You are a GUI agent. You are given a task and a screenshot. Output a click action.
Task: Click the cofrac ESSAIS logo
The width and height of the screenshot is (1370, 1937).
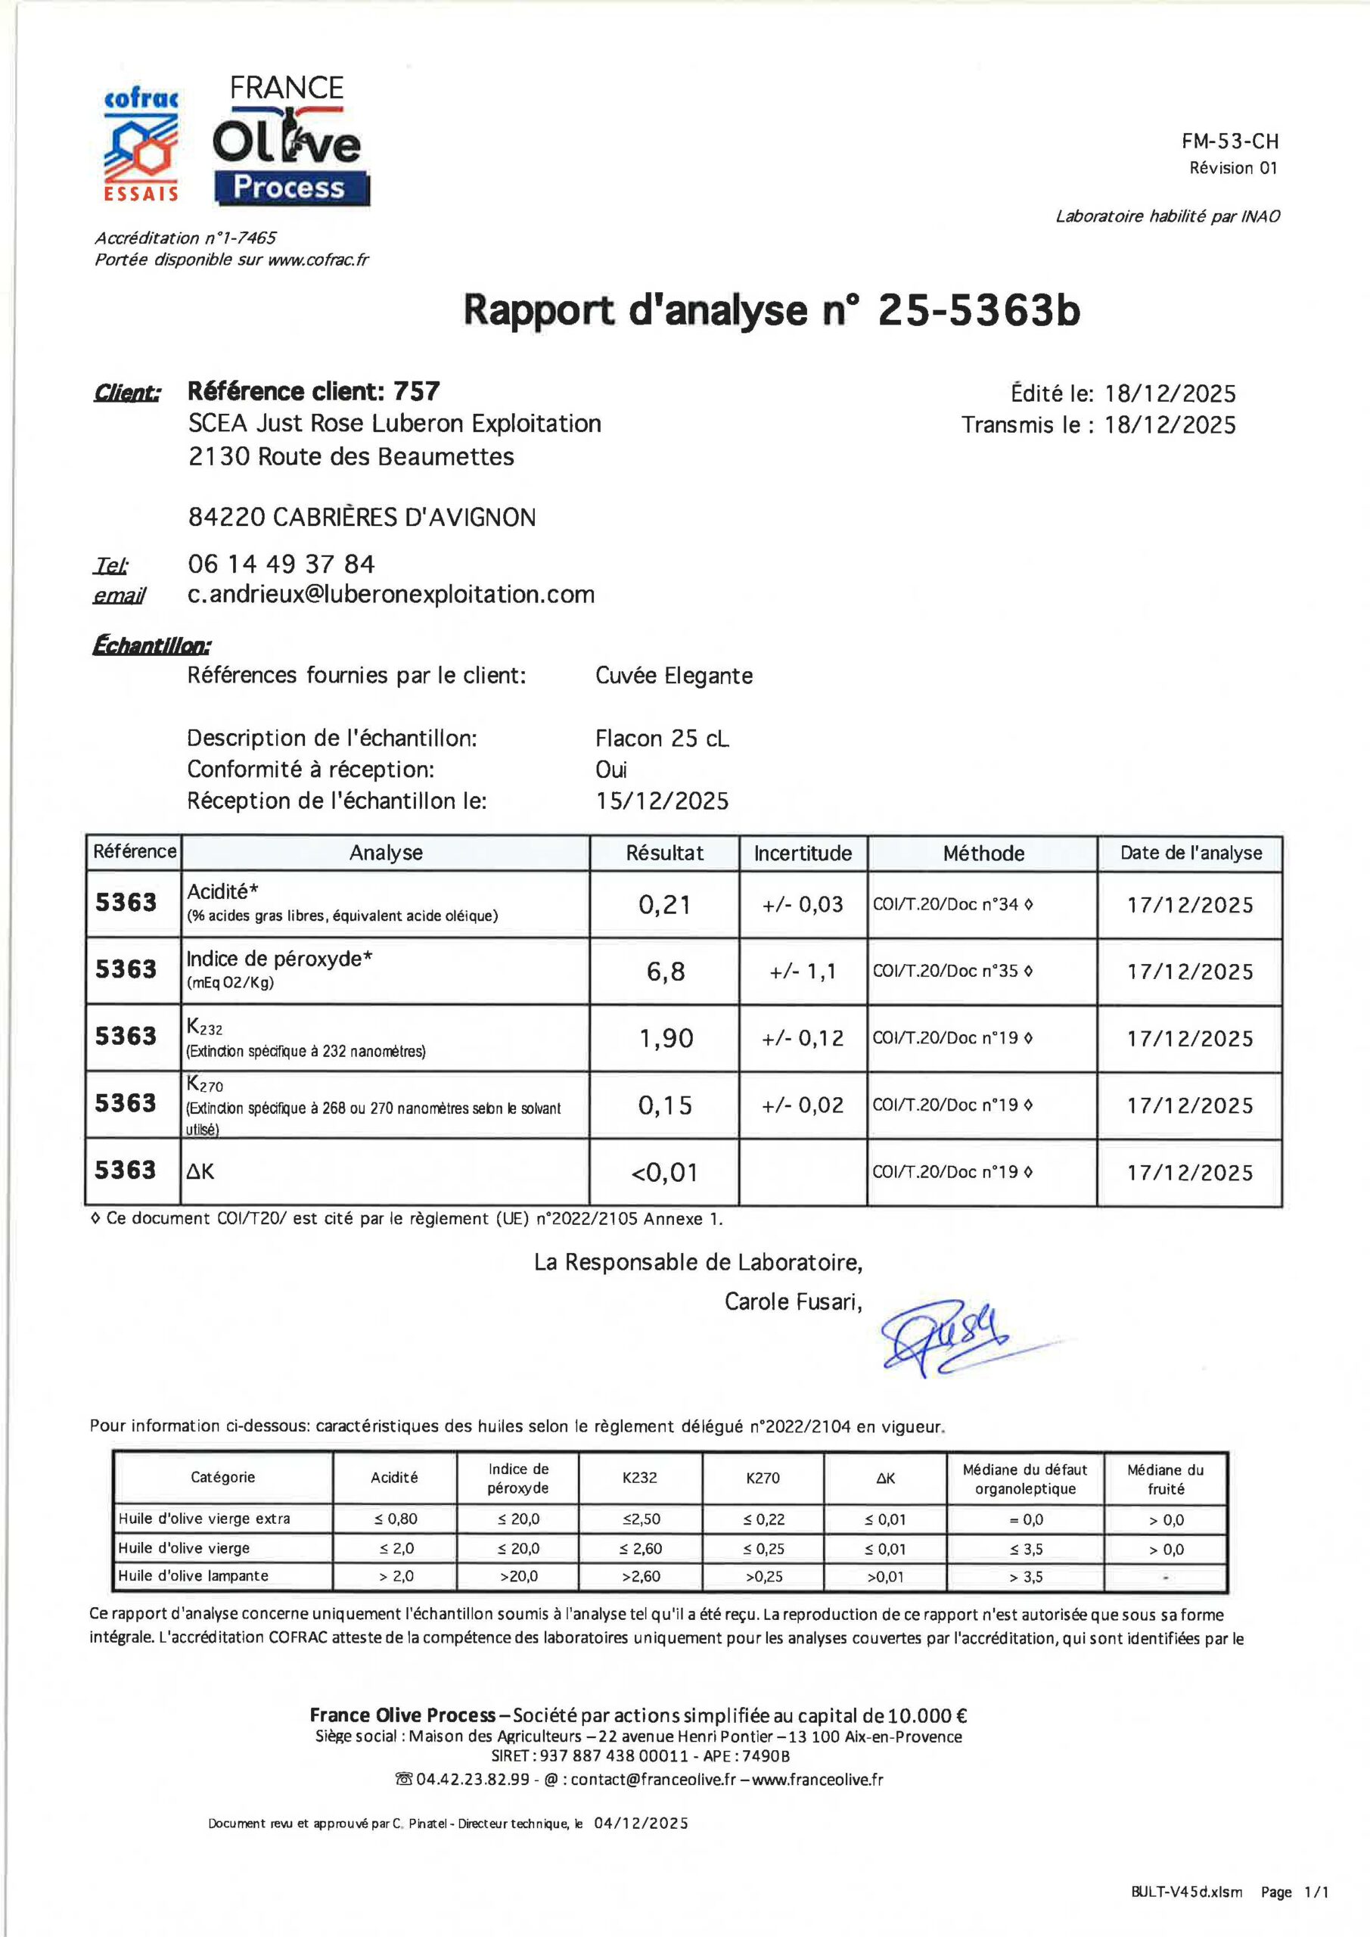pos(141,145)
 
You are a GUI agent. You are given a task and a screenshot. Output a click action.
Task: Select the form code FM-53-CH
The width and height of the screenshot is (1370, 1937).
pos(1229,141)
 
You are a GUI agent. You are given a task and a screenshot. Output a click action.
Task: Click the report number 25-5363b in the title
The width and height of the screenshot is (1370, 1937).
pos(979,310)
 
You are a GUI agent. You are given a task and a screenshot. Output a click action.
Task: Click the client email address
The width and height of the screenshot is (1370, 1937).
pos(390,595)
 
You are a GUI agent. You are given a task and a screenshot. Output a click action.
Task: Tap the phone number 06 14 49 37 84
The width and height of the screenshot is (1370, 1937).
pos(281,564)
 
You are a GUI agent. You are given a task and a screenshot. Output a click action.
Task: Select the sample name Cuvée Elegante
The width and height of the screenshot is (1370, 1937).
pos(673,676)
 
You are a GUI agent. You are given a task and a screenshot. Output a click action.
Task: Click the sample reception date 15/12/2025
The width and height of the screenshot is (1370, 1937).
pos(662,801)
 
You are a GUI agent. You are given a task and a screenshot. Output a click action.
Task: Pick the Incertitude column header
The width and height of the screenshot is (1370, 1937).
pos(803,853)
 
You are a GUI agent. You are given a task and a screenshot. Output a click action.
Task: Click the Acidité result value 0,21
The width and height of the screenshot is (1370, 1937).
pos(664,905)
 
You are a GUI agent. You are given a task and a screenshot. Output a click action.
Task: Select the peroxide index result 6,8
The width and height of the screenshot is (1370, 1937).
pos(665,972)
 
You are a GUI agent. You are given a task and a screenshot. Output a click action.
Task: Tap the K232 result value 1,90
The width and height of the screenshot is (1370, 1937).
pos(666,1039)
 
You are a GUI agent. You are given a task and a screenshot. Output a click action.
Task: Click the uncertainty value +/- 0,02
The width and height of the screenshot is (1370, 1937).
pos(803,1105)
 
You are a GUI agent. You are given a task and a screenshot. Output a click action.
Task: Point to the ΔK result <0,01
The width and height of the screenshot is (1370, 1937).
pos(665,1173)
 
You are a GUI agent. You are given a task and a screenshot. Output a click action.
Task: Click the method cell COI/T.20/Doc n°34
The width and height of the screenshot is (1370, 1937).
pos(952,904)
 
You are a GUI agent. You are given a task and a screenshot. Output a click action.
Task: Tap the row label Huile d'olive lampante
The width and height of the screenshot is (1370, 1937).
pos(193,1575)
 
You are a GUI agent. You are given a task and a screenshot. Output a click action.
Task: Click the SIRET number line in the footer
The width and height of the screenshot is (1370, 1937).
pos(640,1755)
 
